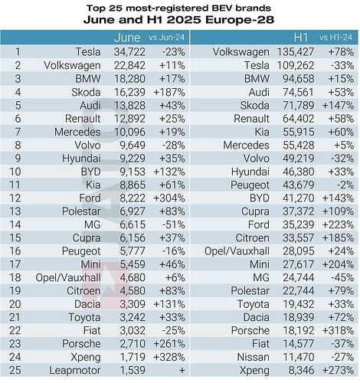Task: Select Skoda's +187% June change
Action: click(169, 93)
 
